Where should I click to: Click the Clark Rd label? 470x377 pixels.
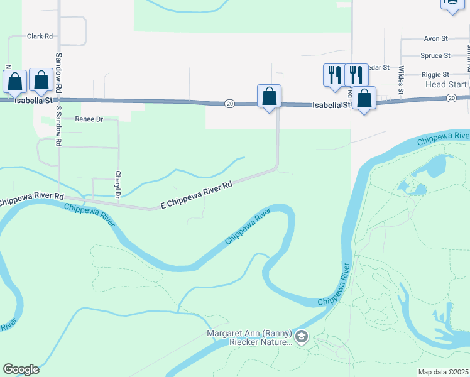39,36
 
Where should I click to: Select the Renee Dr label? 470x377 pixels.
89,119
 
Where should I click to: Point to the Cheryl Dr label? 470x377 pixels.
117,182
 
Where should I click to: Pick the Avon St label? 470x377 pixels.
435,38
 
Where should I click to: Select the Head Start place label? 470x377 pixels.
445,84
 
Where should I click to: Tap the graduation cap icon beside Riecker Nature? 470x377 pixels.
302,338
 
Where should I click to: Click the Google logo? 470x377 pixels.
21,369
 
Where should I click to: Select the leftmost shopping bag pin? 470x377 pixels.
14,82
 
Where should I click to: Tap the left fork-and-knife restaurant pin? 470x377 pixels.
333,74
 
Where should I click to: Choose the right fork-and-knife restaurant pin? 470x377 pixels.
356,74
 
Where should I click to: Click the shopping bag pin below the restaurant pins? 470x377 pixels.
364,98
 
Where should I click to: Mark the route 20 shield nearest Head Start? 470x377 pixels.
451,98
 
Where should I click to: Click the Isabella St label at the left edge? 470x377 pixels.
15,99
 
